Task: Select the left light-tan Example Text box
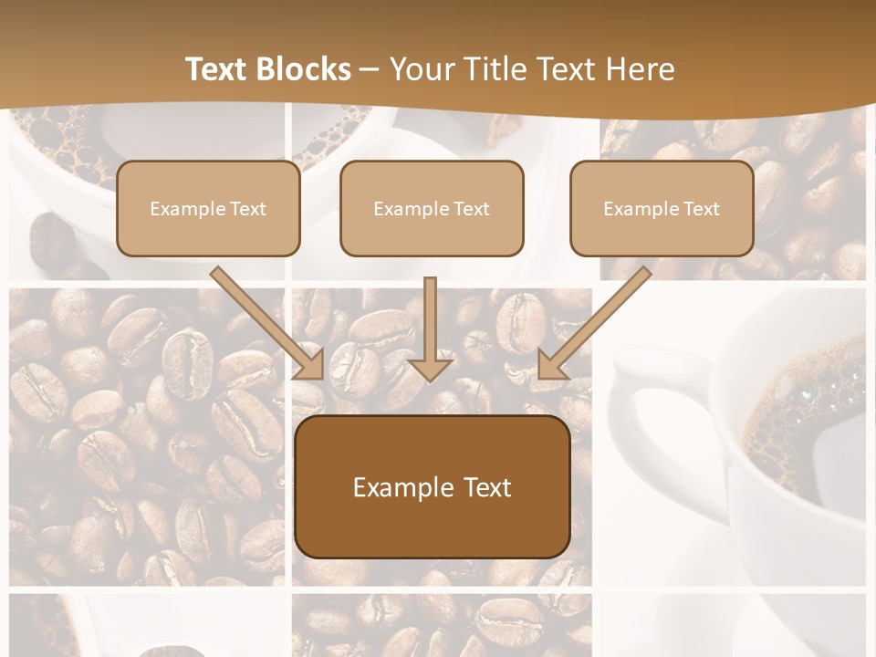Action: click(x=208, y=208)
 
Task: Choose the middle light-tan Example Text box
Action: click(x=432, y=208)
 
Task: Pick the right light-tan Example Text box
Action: click(x=662, y=208)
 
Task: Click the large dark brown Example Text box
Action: click(x=432, y=486)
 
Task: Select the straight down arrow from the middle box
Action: click(x=430, y=319)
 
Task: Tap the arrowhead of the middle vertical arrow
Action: click(x=430, y=369)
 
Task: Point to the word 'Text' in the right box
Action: click(x=702, y=209)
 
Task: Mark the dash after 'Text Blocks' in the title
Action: click(x=370, y=69)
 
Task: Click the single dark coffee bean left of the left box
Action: click(x=52, y=239)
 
